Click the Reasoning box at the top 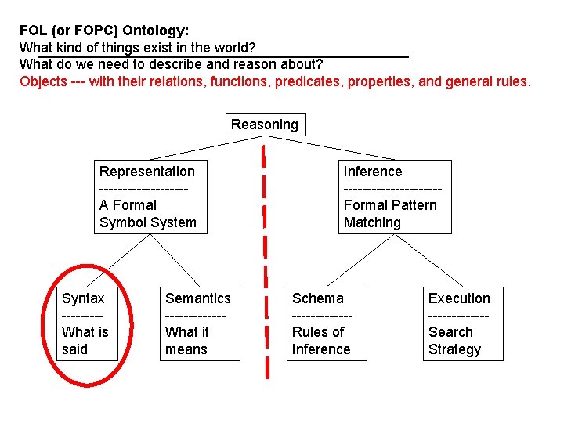pos(265,125)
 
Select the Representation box pos(148,197)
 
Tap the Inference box pos(396,197)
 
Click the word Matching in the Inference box pos(372,222)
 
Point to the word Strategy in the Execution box pos(454,349)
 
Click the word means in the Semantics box pos(186,349)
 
